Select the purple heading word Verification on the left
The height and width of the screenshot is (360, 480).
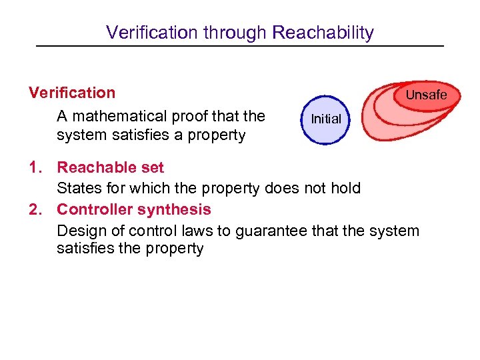pyautogui.click(x=72, y=93)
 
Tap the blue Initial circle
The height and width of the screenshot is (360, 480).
pyautogui.click(x=325, y=119)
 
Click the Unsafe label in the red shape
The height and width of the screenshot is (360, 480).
pyautogui.click(x=426, y=95)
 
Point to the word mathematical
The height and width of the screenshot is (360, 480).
pyautogui.click(x=117, y=117)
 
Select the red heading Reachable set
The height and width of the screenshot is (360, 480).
pyautogui.click(x=110, y=167)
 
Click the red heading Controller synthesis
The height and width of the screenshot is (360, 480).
pyautogui.click(x=133, y=209)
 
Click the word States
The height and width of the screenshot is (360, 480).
pyautogui.click(x=78, y=188)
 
